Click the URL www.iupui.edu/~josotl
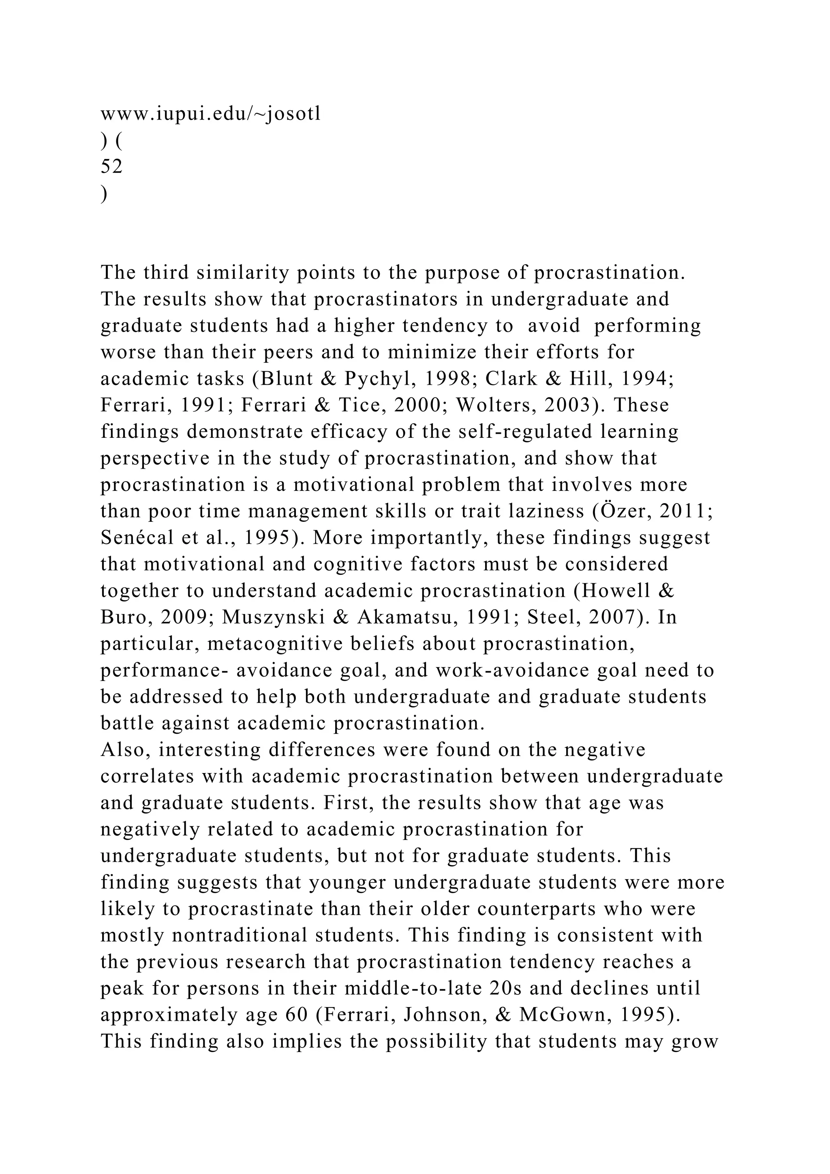click(211, 114)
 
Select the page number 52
click(111, 167)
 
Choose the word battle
click(126, 724)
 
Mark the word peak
click(122, 989)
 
